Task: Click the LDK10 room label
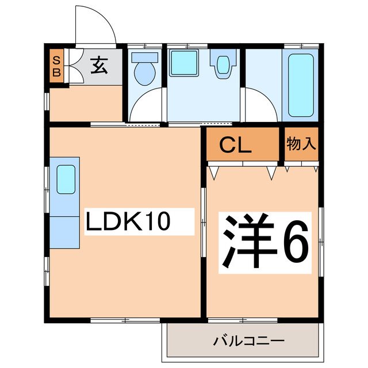pyautogui.click(x=128, y=221)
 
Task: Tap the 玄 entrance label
pyautogui.click(x=98, y=67)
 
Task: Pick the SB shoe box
pyautogui.click(x=56, y=67)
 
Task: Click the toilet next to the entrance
pyautogui.click(x=144, y=67)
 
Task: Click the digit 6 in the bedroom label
pyautogui.click(x=294, y=242)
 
